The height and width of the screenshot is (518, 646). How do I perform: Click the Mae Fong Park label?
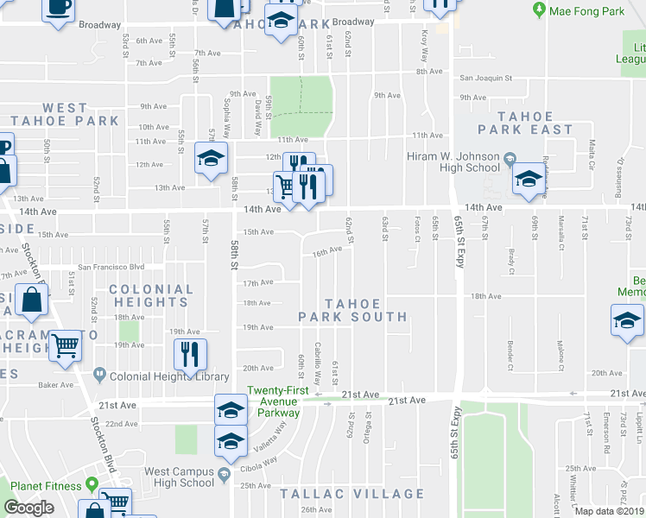590,11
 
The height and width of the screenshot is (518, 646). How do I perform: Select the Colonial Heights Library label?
162,376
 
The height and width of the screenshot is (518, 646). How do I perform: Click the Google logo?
29,508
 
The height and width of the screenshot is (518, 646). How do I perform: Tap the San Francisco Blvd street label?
111,267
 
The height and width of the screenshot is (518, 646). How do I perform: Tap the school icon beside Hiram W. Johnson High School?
529,179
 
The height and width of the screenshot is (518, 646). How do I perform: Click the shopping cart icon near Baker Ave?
66,345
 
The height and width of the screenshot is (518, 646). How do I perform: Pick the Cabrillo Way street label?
318,357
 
